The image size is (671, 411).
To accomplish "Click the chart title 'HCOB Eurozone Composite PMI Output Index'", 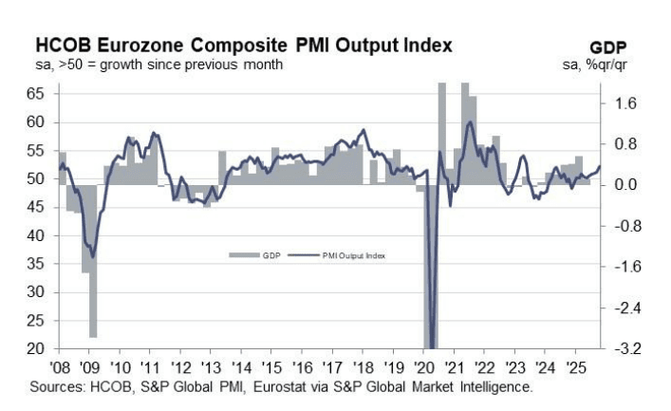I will pos(243,45).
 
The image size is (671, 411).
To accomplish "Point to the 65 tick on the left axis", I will pos(36,94).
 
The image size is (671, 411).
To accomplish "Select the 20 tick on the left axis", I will pos(36,349).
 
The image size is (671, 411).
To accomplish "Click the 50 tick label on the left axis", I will pos(36,178).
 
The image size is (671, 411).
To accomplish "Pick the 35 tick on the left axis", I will pos(36,264).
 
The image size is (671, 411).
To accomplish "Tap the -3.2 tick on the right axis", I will pos(624,349).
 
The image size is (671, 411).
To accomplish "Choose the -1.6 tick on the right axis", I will pos(624,267).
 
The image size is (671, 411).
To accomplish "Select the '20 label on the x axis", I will pos(423,367).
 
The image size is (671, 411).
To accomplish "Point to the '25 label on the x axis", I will pos(576,367).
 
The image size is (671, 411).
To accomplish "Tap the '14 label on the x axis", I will pos(241,367).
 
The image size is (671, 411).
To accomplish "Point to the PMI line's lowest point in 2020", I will pos(433,347).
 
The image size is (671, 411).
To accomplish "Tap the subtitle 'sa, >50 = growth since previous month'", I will pos(158,65).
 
